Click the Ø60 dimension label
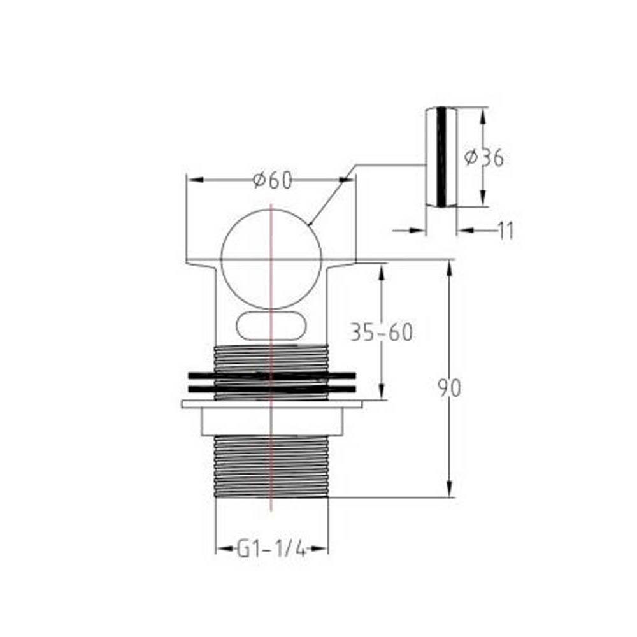(x=272, y=180)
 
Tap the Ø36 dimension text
(x=484, y=157)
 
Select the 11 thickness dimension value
(x=506, y=231)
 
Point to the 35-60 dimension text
(x=381, y=332)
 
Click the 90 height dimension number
(x=449, y=388)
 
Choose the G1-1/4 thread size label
(x=271, y=550)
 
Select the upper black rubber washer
(x=271, y=375)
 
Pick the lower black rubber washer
(x=271, y=389)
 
